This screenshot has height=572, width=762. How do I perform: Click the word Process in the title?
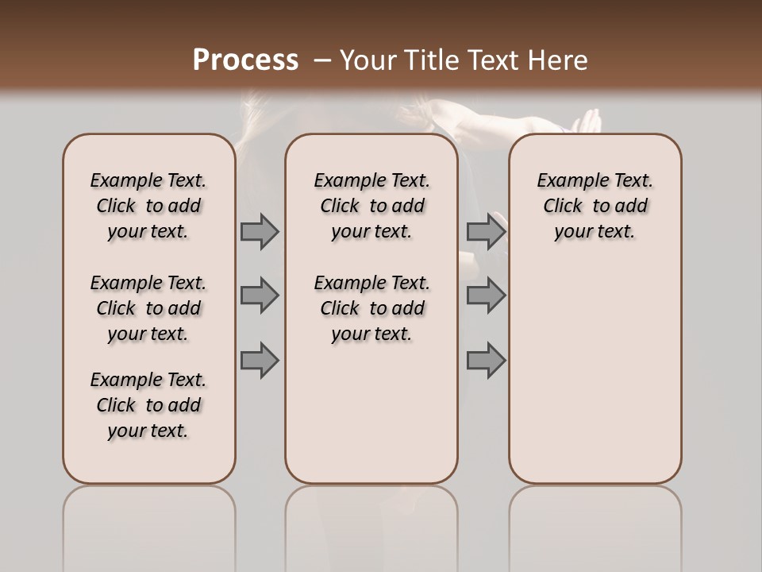[x=245, y=60]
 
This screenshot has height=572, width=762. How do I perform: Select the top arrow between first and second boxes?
[x=260, y=232]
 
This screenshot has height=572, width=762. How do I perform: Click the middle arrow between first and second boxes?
[x=260, y=296]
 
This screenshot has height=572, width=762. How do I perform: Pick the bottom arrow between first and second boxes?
[x=260, y=360]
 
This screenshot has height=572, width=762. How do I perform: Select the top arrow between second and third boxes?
[x=486, y=232]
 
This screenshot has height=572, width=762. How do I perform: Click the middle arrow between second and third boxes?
[x=486, y=296]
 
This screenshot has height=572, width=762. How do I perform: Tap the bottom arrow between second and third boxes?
[x=486, y=360]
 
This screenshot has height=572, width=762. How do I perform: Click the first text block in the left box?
[x=148, y=206]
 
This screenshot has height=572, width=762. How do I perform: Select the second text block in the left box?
[x=148, y=308]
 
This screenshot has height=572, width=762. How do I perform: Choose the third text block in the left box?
[x=148, y=405]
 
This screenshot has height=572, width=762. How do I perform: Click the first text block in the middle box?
[x=372, y=206]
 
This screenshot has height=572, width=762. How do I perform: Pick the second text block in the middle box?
[x=372, y=308]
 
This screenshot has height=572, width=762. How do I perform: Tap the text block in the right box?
[x=595, y=206]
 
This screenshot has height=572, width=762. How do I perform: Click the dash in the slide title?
[x=322, y=60]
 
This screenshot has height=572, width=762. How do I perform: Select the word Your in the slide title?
[x=368, y=60]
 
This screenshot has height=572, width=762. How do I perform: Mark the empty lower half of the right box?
[x=595, y=373]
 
